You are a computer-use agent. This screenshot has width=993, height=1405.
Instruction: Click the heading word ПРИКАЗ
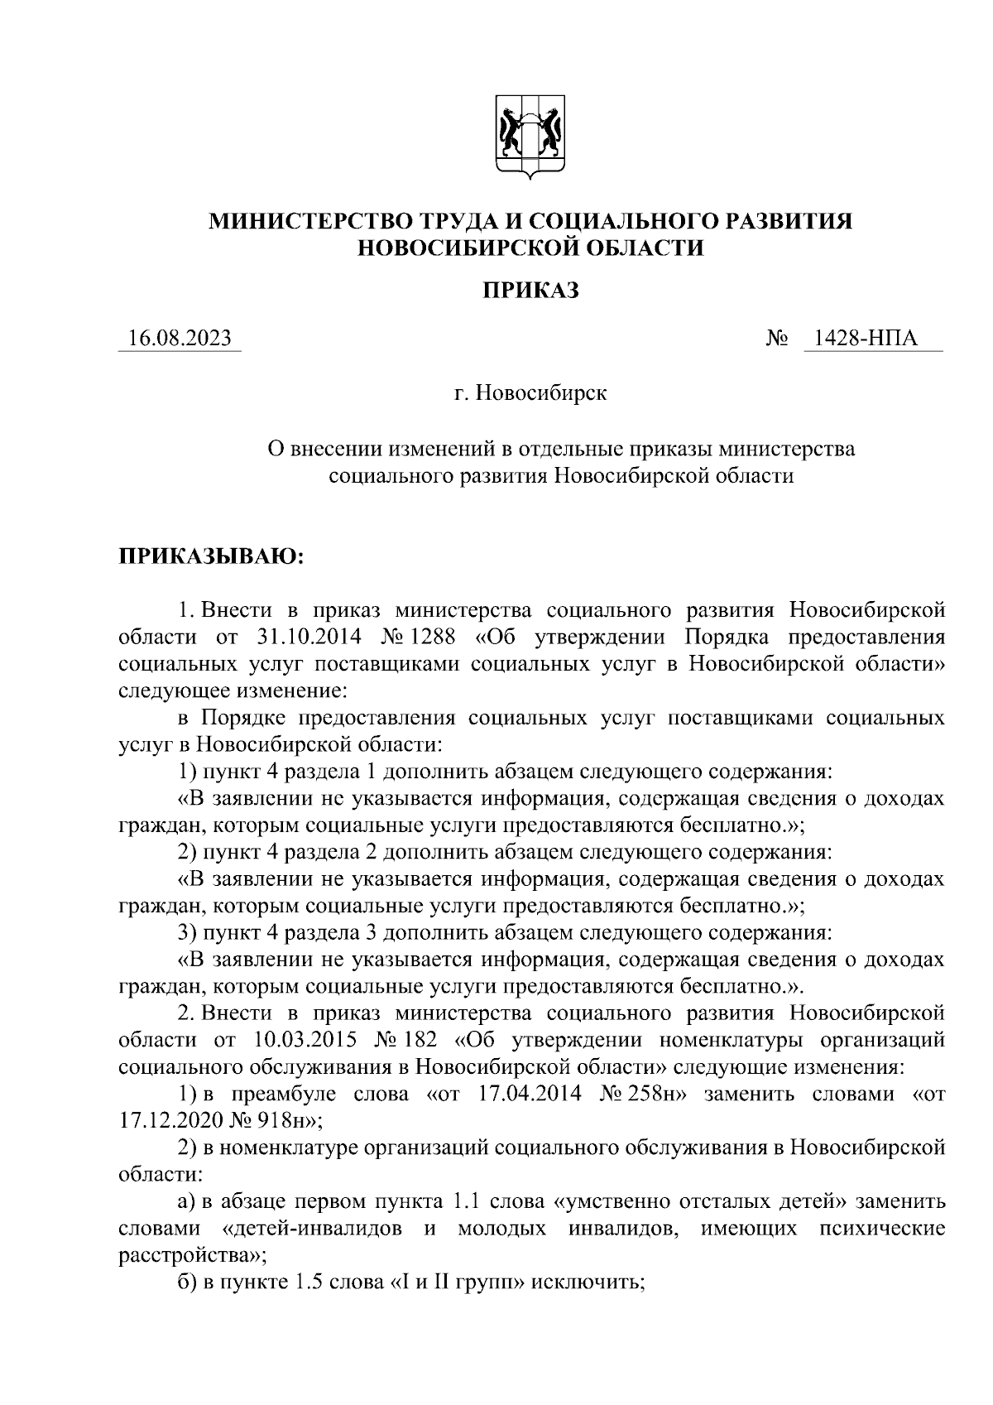pos(530,290)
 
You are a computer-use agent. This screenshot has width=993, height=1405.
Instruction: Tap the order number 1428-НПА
pos(866,339)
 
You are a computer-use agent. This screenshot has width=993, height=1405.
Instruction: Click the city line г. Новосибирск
pos(530,392)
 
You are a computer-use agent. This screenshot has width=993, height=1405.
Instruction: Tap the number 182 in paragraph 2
pos(430,1040)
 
